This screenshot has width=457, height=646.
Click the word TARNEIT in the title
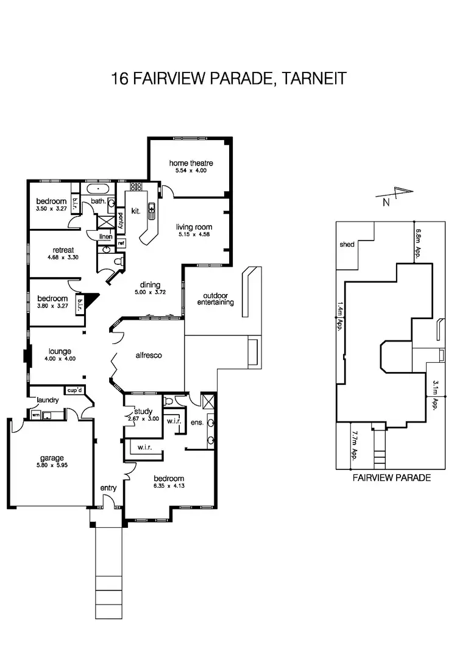(311, 79)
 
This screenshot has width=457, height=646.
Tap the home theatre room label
(191, 163)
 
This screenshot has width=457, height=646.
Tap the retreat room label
(63, 250)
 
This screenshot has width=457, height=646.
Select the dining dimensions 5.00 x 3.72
(150, 293)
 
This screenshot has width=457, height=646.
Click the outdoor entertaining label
(214, 299)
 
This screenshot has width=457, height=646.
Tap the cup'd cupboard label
(74, 390)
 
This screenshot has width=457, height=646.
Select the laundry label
(47, 400)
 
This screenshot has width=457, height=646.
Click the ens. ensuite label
(196, 422)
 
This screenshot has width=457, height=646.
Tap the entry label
(108, 488)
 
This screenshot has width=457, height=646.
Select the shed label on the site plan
(347, 244)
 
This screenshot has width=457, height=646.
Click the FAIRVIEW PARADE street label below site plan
(392, 478)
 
